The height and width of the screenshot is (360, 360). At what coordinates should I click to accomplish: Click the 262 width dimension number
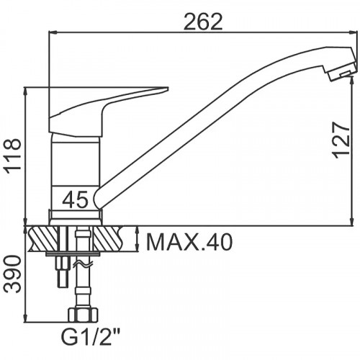tap(203, 22)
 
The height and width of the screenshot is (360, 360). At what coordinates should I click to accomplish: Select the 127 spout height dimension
tap(341, 140)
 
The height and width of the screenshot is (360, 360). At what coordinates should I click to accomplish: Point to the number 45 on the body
tap(75, 199)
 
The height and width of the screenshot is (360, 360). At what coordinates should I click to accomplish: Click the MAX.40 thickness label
tap(189, 242)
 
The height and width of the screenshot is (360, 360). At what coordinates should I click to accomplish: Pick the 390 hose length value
tap(13, 274)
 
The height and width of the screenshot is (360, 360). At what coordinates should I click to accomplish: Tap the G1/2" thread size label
tap(91, 337)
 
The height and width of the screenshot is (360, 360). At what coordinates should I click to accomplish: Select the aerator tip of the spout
tap(342, 72)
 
